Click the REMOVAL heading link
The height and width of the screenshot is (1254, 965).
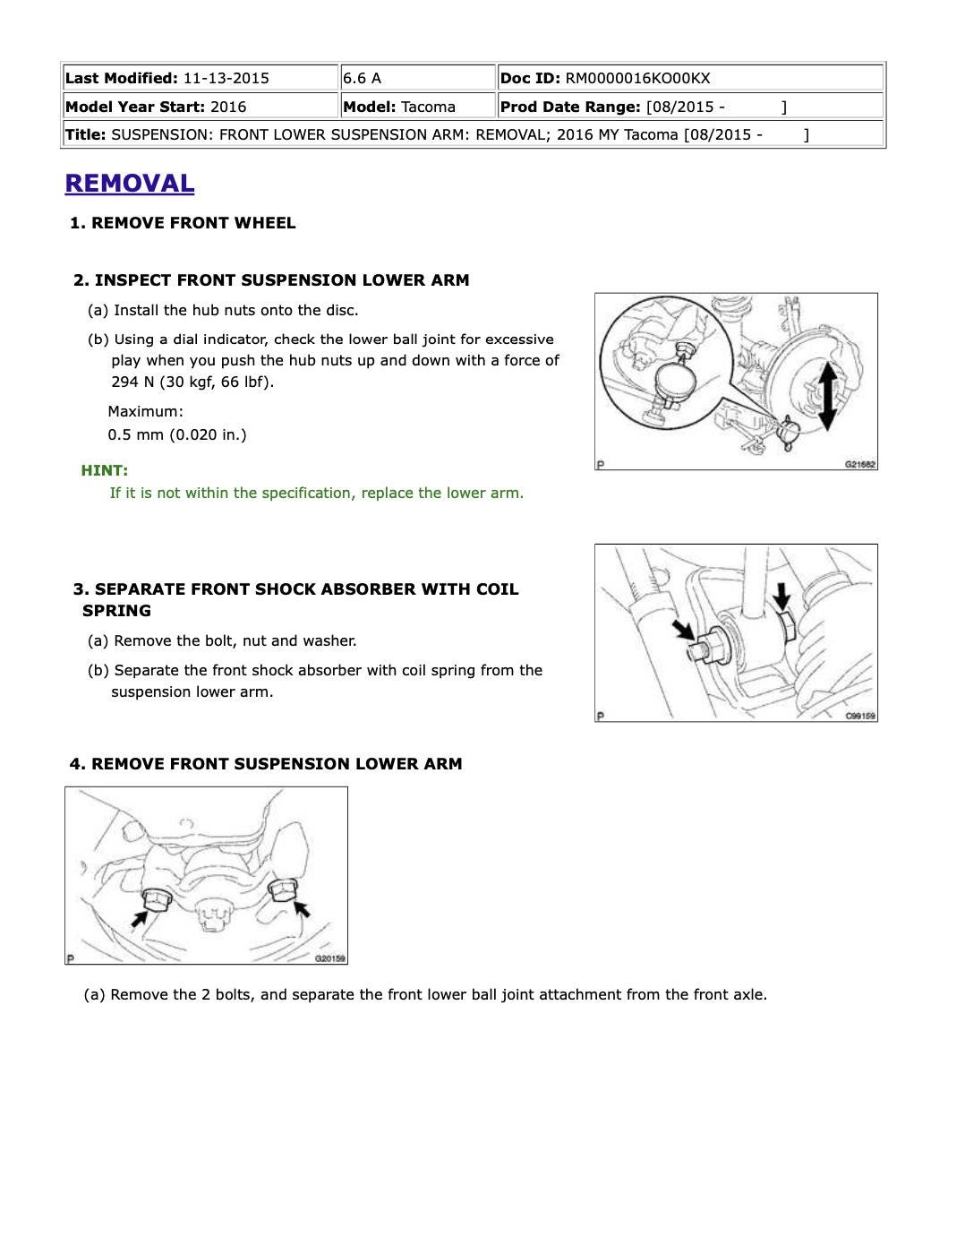129,183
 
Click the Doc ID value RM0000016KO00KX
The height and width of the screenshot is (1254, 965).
637,78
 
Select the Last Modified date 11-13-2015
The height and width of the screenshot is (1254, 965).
226,78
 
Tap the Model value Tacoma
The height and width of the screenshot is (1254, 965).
428,107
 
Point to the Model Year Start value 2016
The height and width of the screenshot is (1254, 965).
228,107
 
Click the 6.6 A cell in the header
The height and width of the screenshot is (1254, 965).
362,78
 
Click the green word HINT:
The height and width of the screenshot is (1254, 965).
104,470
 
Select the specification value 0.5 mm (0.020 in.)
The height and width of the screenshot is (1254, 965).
177,434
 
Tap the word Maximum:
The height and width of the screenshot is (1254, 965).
145,411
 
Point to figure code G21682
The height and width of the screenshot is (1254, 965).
860,464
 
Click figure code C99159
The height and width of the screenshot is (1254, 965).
860,716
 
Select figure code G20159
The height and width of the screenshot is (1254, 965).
330,958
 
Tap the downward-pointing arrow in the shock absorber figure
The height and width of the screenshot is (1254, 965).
782,595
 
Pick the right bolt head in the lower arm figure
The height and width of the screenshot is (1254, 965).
280,889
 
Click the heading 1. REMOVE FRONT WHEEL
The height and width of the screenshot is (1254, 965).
183,223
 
